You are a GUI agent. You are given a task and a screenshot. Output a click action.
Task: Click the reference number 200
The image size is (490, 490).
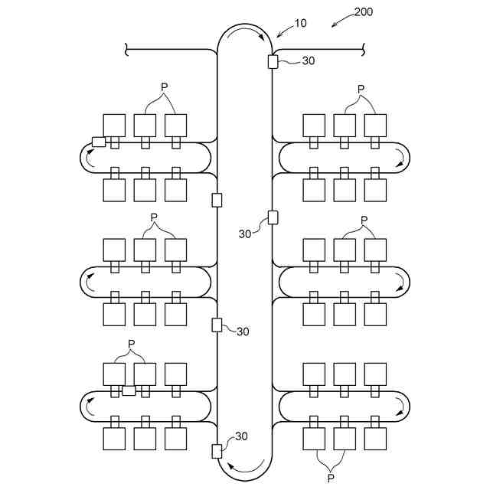[364, 13]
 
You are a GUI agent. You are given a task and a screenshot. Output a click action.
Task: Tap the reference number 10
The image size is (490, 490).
[300, 23]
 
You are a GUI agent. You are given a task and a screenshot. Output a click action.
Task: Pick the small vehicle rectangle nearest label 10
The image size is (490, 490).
[273, 61]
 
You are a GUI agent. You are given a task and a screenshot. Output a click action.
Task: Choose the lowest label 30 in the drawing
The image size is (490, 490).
[241, 436]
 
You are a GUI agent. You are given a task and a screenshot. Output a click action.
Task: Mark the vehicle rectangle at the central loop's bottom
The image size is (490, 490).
[217, 450]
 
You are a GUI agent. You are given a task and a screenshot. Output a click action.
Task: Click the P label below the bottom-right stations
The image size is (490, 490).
[331, 478]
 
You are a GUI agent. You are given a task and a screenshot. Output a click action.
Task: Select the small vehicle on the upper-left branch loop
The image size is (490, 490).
[99, 142]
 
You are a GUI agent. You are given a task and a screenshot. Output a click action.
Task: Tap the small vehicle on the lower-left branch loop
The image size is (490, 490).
[129, 390]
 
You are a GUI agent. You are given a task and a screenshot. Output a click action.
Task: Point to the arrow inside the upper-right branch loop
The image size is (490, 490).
[399, 158]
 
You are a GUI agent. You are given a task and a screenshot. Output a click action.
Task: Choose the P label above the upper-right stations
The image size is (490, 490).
[361, 89]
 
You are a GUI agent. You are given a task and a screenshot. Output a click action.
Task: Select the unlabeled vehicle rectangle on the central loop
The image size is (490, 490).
[217, 200]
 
